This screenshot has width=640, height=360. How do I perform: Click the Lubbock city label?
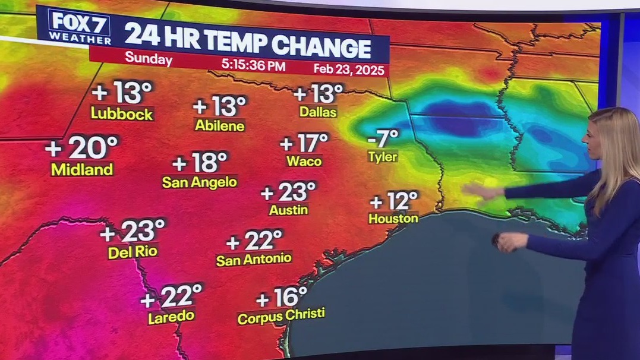pyautogui.click(x=122, y=114)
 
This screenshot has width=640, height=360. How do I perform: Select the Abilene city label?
pyautogui.click(x=220, y=126)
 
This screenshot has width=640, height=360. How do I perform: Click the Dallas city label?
pyautogui.click(x=319, y=112)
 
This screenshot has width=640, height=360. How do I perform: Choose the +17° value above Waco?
pyautogui.click(x=304, y=143)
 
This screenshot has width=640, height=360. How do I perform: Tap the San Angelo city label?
pyautogui.click(x=200, y=182)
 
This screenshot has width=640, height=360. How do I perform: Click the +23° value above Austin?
pyautogui.click(x=288, y=192)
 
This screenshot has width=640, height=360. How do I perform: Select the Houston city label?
pyautogui.click(x=393, y=219)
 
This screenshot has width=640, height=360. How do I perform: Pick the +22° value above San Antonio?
pyautogui.click(x=254, y=241)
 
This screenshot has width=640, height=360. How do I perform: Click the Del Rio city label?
pyautogui.click(x=133, y=252)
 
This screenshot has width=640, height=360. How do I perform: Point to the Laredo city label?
pyautogui.click(x=171, y=316)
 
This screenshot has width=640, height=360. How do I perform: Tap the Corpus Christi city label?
pyautogui.click(x=281, y=317)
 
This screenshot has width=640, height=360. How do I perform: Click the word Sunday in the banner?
pyautogui.click(x=149, y=60)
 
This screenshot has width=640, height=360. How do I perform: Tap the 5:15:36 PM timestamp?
pyautogui.click(x=253, y=65)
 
